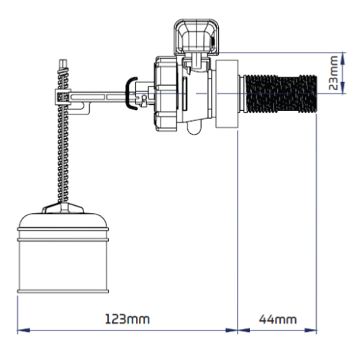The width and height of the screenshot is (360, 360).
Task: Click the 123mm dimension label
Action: coord(127,319)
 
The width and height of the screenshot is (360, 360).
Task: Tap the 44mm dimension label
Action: coord(278,320)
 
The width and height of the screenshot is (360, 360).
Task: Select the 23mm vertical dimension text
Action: coord(333,73)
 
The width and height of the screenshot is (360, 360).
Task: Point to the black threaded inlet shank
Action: coord(280,94)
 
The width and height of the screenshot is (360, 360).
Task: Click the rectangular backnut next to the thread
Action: coord(227,94)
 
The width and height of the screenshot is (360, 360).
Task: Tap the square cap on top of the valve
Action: coord(197,36)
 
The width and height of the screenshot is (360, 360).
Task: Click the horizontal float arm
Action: coord(99,97)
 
